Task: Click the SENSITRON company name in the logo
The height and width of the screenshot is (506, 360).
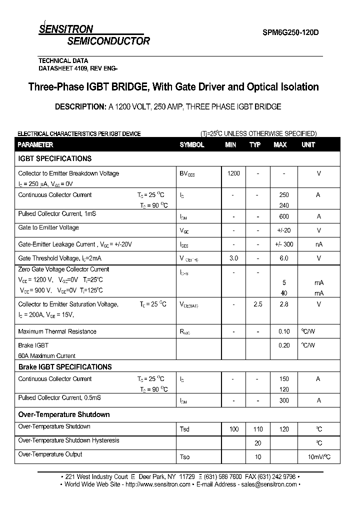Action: tap(66, 29)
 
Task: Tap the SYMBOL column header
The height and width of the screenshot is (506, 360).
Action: tap(192, 144)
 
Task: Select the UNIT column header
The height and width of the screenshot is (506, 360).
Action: tap(308, 144)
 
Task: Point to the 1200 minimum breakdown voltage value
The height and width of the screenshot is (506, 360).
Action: tap(233, 173)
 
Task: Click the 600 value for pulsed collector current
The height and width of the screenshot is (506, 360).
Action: tap(284, 216)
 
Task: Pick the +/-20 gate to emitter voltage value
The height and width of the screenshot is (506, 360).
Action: tap(284, 230)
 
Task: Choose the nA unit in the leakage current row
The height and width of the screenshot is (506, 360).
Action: tap(318, 244)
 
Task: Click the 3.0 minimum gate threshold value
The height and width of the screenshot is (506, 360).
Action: tap(233, 258)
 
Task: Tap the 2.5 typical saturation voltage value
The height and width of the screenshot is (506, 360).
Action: tap(257, 304)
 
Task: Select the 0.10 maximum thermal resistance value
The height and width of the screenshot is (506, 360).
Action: tap(284, 331)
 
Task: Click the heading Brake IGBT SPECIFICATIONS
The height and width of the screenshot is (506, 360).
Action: tap(65, 367)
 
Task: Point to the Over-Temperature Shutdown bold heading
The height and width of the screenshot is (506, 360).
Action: tap(64, 414)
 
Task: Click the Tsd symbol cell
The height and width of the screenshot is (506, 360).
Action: tap(184, 429)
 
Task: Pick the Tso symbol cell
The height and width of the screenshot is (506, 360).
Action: tap(184, 457)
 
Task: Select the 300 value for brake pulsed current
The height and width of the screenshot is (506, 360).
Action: tap(284, 400)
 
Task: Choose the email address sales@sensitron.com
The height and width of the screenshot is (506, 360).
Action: tap(269, 484)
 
